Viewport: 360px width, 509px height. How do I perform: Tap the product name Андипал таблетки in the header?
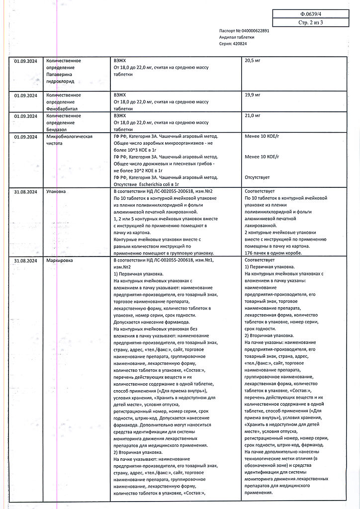237,37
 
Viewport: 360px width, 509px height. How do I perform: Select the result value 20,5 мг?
253,61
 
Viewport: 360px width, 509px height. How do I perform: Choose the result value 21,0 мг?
253,116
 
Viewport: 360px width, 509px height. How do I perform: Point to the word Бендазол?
57,129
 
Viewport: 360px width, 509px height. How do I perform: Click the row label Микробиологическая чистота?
69,139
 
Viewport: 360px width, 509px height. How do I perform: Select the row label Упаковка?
56,191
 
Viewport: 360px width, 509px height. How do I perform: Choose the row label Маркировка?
59,260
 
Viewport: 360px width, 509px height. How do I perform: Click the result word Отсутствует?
258,177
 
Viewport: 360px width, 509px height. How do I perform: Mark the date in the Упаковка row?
26,191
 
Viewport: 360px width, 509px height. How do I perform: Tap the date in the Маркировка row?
26,260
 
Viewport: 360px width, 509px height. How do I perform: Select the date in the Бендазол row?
26,116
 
